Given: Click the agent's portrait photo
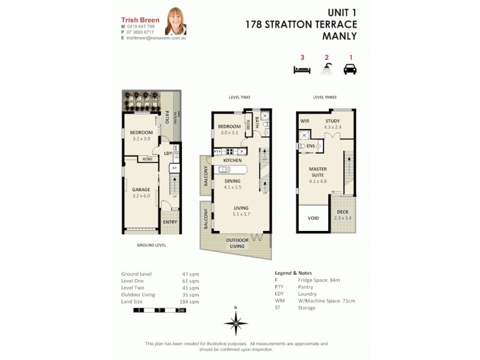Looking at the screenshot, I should click(x=176, y=21).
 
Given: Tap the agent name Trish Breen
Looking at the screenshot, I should click(x=140, y=20).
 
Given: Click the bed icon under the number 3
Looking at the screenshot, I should click(x=302, y=70).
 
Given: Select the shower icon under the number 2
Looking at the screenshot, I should click(x=326, y=70).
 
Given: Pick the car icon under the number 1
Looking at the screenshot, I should click(x=350, y=70).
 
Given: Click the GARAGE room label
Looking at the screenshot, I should click(x=141, y=190).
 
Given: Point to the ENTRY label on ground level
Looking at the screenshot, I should click(x=170, y=223).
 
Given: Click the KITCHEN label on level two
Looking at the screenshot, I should click(x=232, y=161).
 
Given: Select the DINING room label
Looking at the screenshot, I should click(x=232, y=181).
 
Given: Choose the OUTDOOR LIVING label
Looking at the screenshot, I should click(x=238, y=242).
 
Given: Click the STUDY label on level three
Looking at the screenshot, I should click(x=332, y=121).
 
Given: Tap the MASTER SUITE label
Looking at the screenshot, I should click(x=318, y=172).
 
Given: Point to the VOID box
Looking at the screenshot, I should click(x=313, y=218).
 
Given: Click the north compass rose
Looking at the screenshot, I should click(x=236, y=322).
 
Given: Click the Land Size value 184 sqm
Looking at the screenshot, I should click(x=190, y=301).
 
